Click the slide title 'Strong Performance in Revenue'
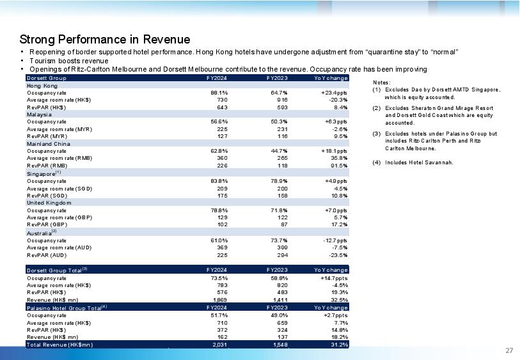click(105, 40)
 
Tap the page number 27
click(509, 350)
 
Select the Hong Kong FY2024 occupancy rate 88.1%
click(219, 93)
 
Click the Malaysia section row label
click(39, 114)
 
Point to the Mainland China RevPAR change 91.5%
click(339, 166)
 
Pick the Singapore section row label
click(42, 174)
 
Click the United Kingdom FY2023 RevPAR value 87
click(284, 224)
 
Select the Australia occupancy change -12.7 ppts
click(335, 240)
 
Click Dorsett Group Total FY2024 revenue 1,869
click(220, 300)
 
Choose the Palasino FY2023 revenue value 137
click(282, 337)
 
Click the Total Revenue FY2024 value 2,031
click(220, 345)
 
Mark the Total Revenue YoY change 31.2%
click(339, 345)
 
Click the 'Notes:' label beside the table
click(382, 82)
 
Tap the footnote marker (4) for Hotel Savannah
click(376, 162)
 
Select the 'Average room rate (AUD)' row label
click(59, 247)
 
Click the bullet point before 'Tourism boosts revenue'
click(22, 61)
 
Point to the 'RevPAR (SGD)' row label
click(47, 196)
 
